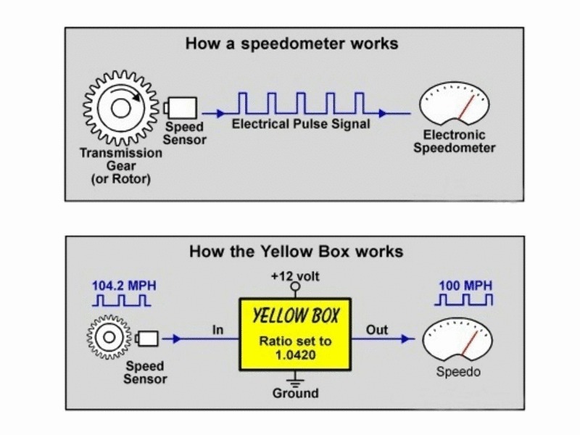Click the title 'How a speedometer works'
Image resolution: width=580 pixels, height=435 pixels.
click(291, 43)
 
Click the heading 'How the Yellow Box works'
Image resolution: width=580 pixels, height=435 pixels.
click(295, 252)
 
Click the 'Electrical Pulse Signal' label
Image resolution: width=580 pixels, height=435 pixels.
click(301, 125)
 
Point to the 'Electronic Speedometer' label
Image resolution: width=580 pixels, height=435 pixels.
click(459, 142)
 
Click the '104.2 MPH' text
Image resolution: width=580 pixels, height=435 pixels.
click(123, 285)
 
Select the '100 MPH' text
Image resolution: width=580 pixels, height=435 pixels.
click(464, 285)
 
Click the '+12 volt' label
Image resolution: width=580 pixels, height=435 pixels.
click(295, 276)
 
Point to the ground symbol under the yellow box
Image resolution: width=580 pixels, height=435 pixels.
click(295, 378)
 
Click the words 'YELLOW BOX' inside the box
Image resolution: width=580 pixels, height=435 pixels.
click(295, 317)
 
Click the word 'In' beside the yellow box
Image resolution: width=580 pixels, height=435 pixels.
click(218, 330)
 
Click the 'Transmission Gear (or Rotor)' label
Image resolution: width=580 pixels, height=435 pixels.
click(121, 166)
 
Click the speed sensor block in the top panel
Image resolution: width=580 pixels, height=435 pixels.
click(177, 109)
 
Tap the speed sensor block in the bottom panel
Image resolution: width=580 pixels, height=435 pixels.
click(148, 339)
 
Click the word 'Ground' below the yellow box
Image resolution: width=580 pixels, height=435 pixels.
click(295, 394)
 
